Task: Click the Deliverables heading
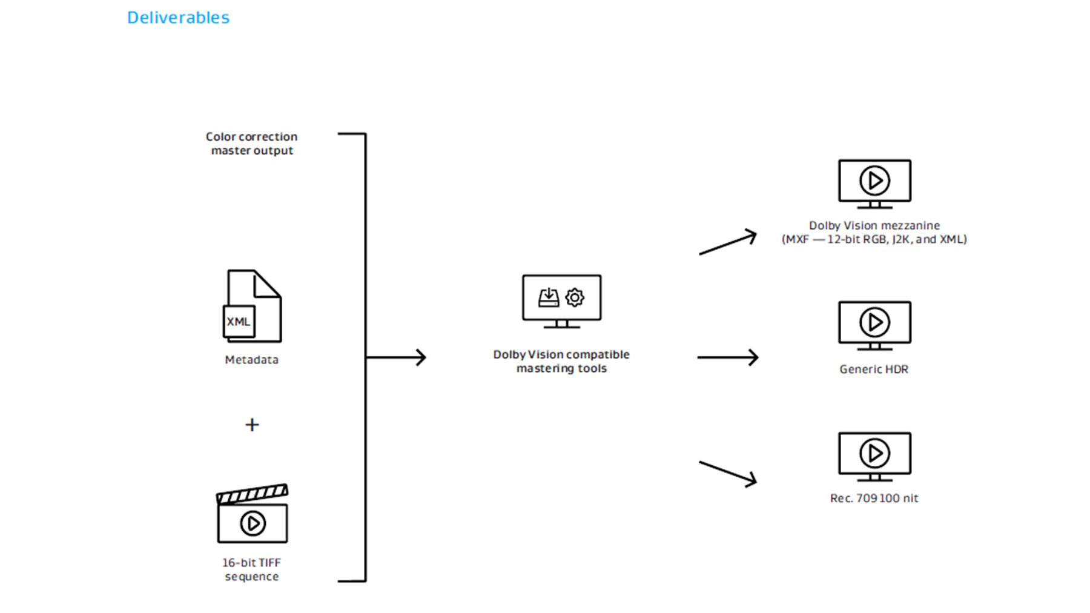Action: point(178,18)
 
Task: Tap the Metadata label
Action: point(251,360)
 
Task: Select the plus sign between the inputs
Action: point(252,425)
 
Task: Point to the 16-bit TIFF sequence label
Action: point(251,569)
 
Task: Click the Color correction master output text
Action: point(251,144)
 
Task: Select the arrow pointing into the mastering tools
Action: point(397,357)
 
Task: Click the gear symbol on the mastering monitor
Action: point(575,297)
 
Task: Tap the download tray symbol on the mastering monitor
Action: point(549,297)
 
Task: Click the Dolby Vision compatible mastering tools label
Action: point(561,361)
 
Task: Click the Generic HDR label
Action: point(874,369)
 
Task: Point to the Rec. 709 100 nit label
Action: point(874,499)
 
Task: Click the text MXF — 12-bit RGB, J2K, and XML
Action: point(874,240)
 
